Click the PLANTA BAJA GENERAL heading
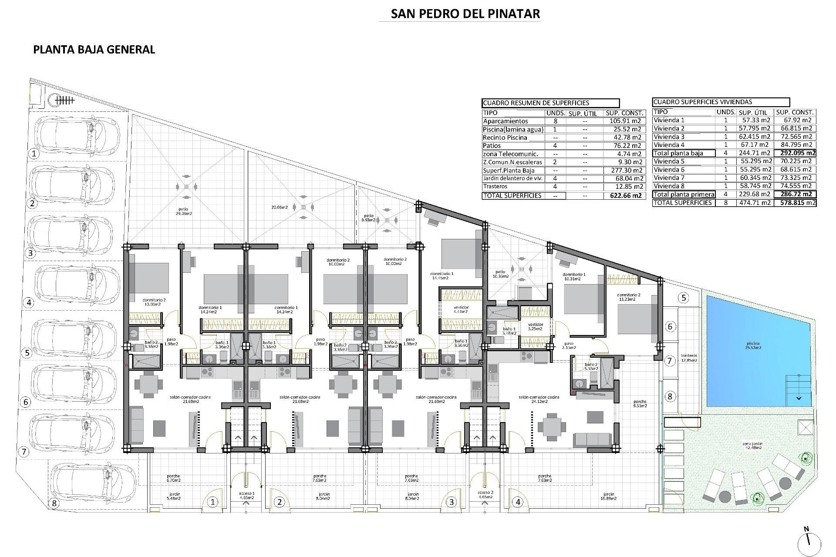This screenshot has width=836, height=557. click(94, 50)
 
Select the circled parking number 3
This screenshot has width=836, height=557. click(30, 253)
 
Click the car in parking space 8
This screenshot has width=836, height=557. click(95, 483)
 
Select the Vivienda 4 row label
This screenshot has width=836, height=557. click(669, 145)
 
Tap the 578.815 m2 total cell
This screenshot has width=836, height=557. click(795, 203)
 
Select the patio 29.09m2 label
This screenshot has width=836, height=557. click(174, 211)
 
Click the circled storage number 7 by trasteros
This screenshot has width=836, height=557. click(670, 361)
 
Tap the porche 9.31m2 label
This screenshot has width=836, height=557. click(640, 403)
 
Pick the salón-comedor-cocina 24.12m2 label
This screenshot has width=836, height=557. click(539, 399)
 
